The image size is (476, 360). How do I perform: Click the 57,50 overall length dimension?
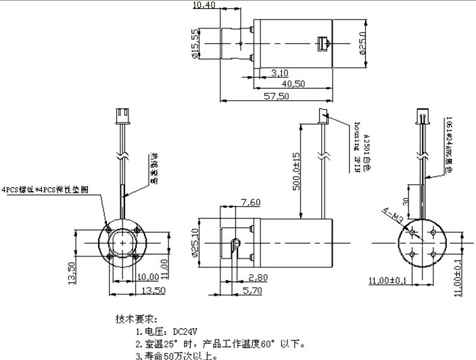point(277,97)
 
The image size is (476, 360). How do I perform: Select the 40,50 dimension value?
point(291,84)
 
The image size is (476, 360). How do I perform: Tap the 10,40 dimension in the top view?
point(205,5)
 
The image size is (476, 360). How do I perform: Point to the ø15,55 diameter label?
point(196,44)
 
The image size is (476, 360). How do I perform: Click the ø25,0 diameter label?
point(362,44)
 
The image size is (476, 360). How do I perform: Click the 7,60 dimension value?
point(249,202)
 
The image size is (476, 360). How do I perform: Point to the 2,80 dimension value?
point(258,277)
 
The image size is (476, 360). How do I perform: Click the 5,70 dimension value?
point(253,290)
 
